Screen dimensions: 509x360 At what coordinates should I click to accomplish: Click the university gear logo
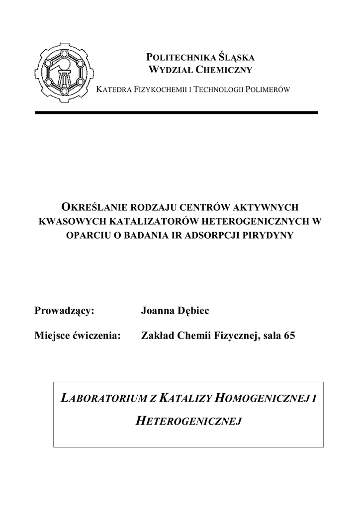click(x=63, y=73)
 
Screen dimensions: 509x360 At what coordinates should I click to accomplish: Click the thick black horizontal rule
click(x=176, y=113)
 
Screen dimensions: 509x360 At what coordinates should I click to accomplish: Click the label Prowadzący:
click(x=64, y=311)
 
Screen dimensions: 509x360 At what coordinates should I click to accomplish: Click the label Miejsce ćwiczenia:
click(x=78, y=336)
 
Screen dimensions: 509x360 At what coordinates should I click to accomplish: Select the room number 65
click(x=289, y=336)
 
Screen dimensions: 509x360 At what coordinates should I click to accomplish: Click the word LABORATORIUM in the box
click(x=99, y=397)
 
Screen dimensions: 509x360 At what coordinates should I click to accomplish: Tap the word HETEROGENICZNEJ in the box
click(x=188, y=422)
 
